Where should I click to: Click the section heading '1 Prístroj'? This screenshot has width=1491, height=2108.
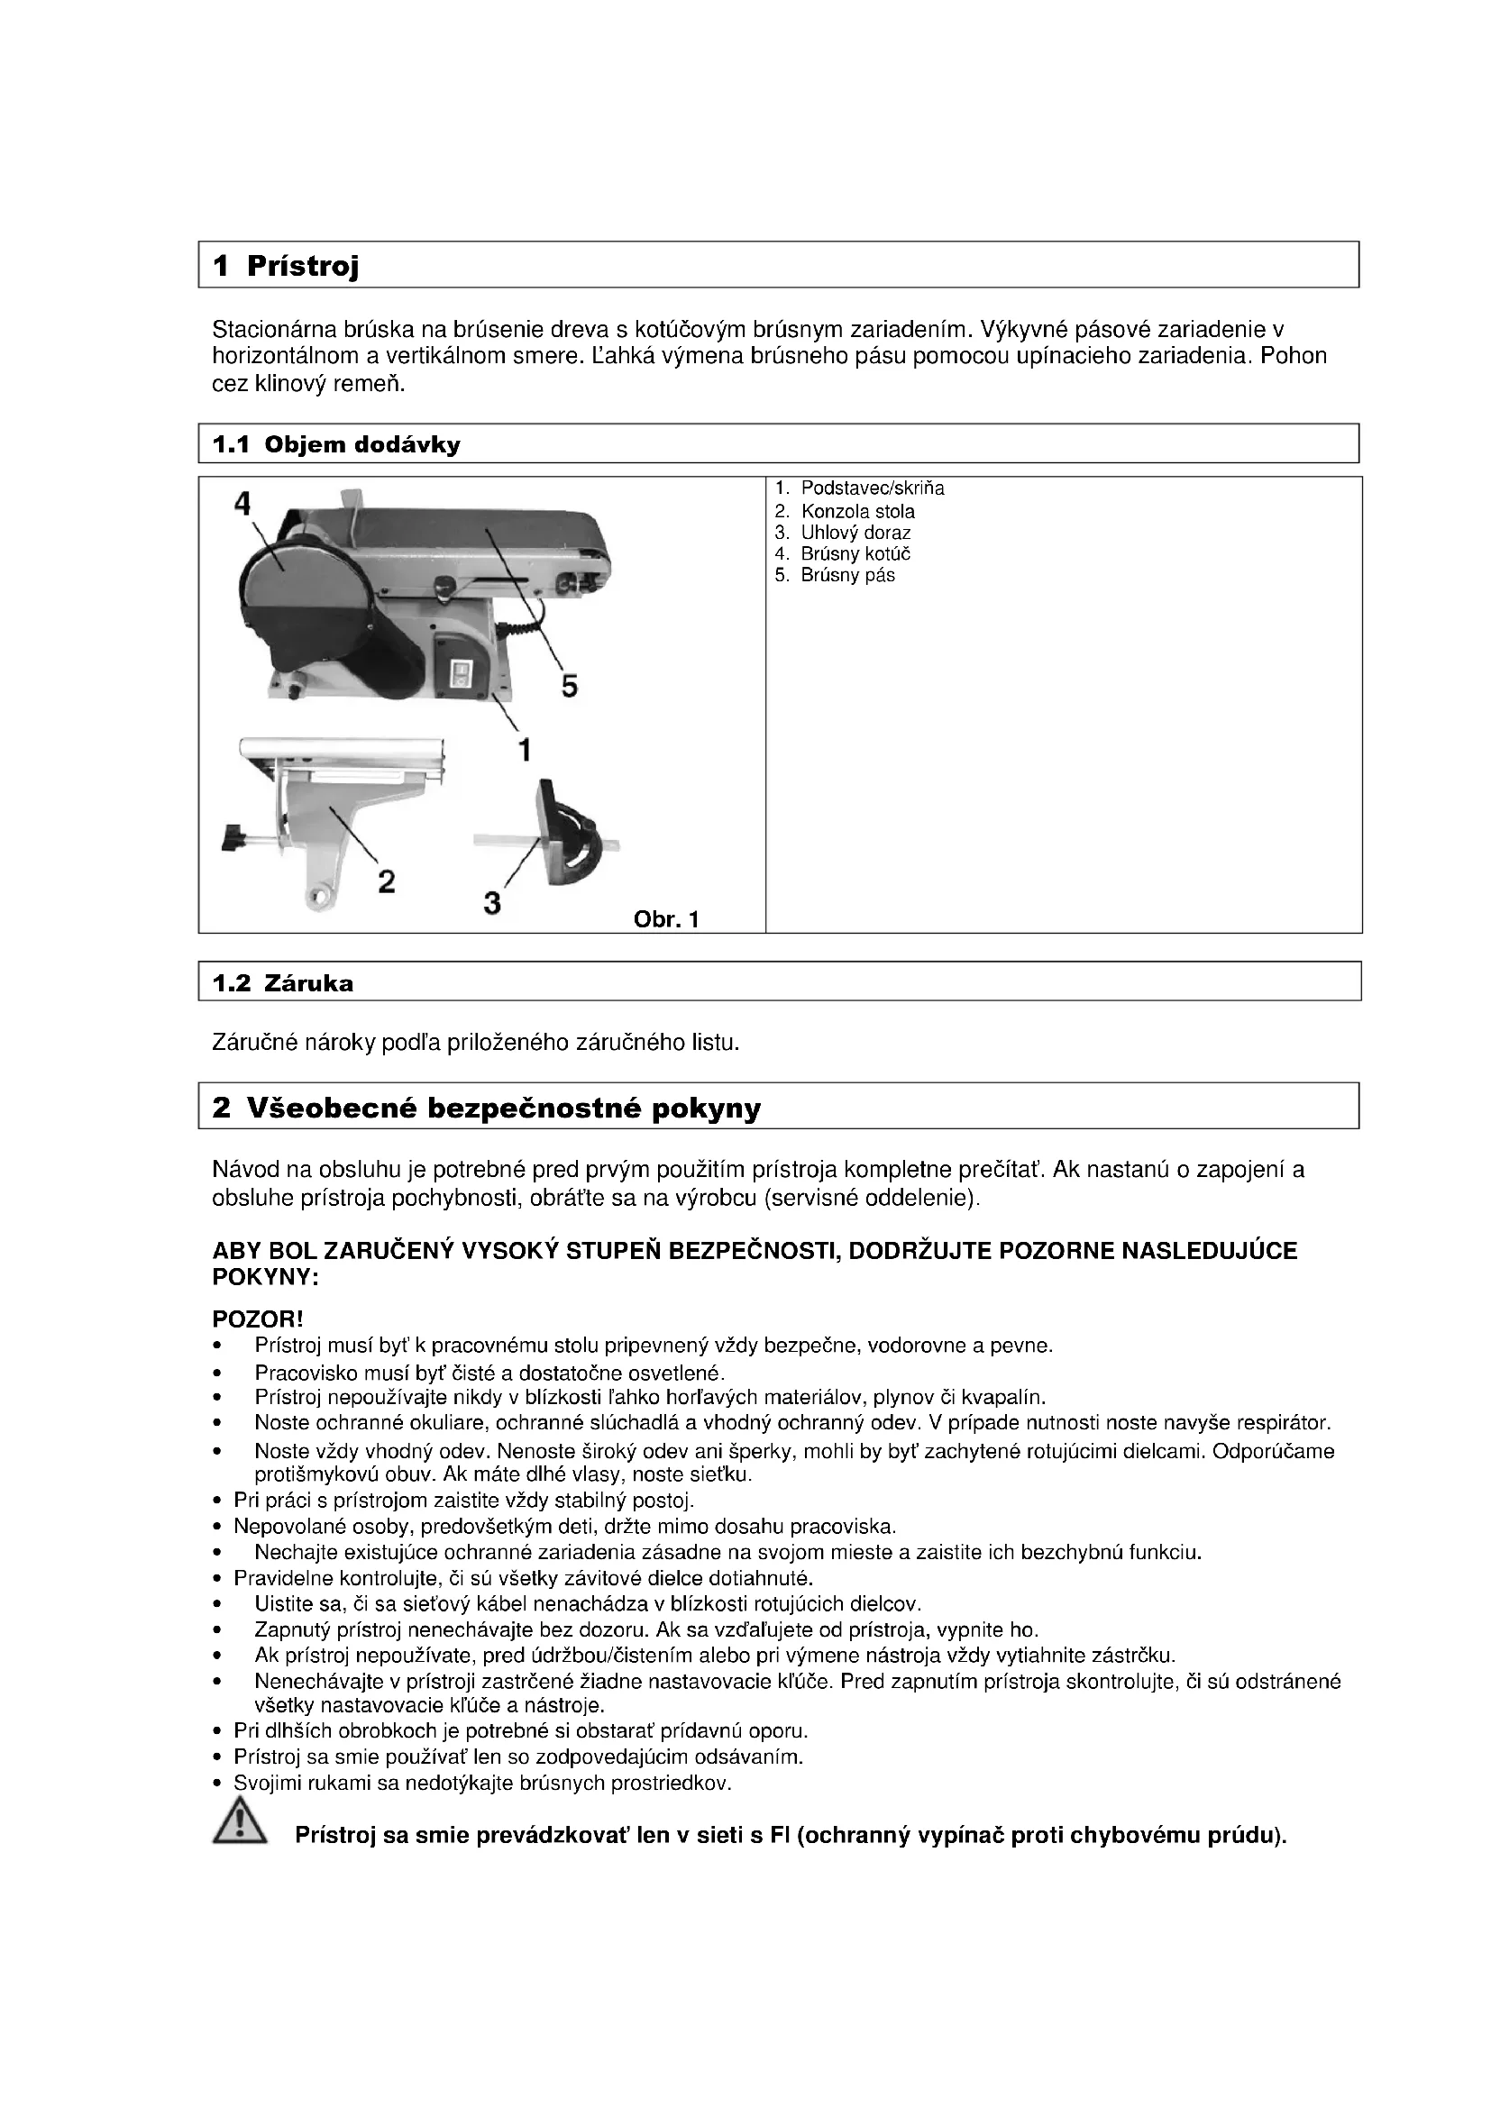pos(286,266)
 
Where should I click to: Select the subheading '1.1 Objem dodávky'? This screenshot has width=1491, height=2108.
pos(336,445)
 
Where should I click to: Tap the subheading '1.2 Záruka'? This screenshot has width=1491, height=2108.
pos(283,983)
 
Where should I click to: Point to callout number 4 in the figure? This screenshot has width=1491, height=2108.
pos(242,503)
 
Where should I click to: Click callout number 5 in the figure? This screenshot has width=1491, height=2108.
pos(569,685)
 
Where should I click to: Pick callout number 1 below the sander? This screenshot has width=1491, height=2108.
pos(525,750)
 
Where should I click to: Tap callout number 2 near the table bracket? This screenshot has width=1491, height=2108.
pos(387,881)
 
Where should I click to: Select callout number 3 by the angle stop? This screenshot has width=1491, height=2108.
pos(492,903)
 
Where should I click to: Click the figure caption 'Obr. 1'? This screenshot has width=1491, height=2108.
pos(666,919)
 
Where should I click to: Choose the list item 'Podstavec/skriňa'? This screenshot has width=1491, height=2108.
pos(872,488)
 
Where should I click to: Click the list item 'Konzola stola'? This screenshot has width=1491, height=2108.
pos(857,511)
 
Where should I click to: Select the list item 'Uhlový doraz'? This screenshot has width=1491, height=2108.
pos(855,533)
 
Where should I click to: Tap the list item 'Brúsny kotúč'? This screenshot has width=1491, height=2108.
pos(855,553)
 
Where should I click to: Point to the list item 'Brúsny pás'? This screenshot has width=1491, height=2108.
pos(847,576)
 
